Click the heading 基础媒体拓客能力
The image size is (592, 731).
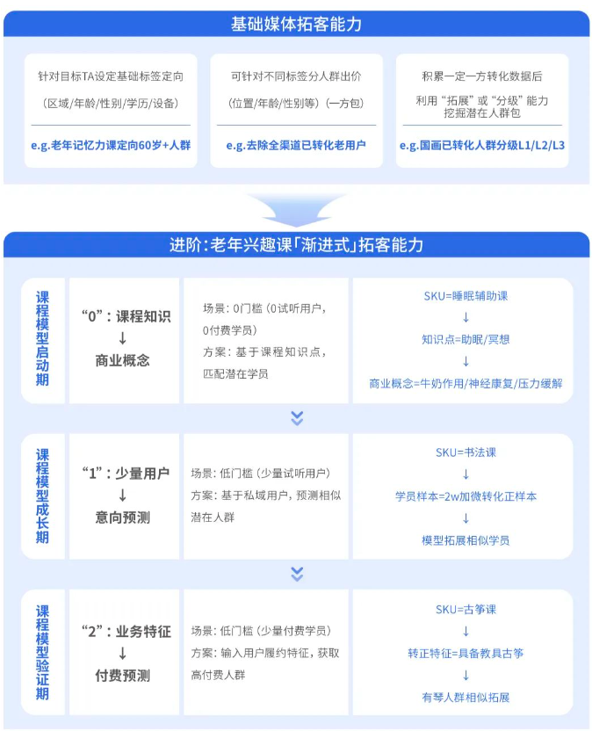(296, 24)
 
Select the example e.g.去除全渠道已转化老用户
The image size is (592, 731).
(295, 145)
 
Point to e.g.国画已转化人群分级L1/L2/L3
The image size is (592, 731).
(481, 145)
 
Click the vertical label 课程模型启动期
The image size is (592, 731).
(42, 338)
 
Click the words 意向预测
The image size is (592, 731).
(122, 517)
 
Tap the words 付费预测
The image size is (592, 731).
(122, 676)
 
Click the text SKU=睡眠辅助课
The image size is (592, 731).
(466, 295)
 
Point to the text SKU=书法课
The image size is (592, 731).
(466, 452)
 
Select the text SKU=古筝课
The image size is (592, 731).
(466, 609)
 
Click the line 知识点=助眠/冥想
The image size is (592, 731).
(466, 339)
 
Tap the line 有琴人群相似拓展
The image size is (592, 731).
(466, 698)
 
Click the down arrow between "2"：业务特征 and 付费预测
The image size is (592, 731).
(122, 653)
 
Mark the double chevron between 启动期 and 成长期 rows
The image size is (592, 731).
(297, 417)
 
